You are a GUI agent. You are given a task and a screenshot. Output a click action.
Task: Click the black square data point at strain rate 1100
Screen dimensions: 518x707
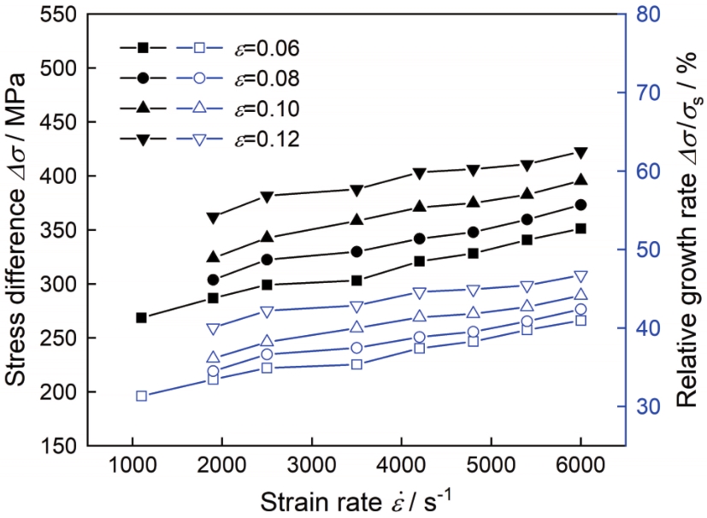tap(142, 318)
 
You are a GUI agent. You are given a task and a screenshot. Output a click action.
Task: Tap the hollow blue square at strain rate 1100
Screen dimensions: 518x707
tap(142, 396)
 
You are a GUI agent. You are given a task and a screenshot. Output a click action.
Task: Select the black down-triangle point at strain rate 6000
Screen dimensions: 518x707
tap(580, 153)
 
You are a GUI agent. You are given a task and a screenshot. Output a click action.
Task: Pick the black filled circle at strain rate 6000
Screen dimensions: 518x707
tap(580, 205)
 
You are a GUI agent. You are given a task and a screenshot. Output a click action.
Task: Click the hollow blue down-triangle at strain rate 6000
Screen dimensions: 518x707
tap(580, 276)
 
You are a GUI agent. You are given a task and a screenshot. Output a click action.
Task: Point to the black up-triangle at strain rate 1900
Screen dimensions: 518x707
tap(214, 256)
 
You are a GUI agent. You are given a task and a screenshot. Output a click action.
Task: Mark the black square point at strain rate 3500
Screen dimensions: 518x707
tap(356, 280)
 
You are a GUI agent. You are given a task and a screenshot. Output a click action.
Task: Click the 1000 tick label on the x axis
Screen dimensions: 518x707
tap(133, 468)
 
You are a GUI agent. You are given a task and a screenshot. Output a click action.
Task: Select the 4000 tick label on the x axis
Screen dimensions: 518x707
tap(401, 468)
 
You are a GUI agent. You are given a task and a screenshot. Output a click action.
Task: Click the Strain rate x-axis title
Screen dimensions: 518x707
tap(356, 501)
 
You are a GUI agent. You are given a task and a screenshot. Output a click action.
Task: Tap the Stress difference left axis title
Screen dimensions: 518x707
tap(19, 231)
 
